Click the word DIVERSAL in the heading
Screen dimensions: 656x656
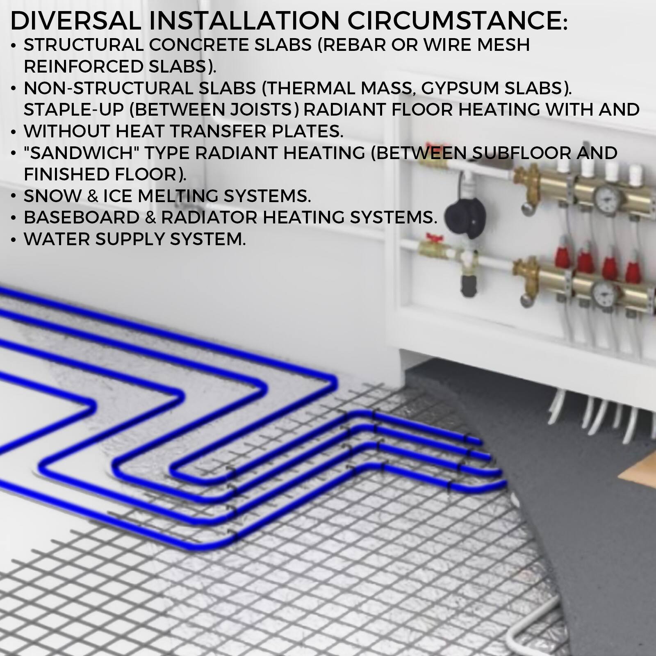click(75, 20)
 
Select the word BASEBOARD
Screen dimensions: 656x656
click(81, 217)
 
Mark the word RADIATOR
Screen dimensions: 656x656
click(209, 217)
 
